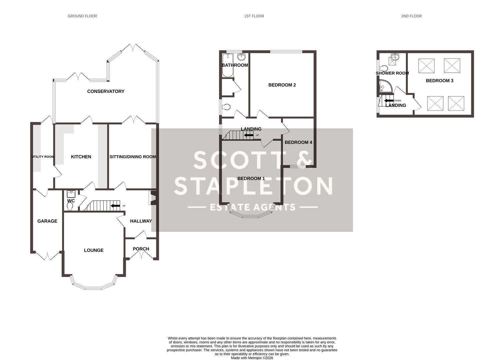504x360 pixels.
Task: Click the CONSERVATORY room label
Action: pyautogui.click(x=105, y=91)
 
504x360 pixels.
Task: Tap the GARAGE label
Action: pyautogui.click(x=47, y=221)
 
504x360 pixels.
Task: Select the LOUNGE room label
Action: pyautogui.click(x=93, y=250)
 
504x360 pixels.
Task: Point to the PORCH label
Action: pyautogui.click(x=141, y=249)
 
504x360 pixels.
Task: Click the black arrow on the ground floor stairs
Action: pyautogui.click(x=115, y=206)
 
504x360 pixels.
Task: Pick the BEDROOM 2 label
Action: pyautogui.click(x=282, y=85)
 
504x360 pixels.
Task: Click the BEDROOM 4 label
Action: pyautogui.click(x=298, y=142)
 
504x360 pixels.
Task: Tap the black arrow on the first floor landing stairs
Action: pyautogui.click(x=248, y=135)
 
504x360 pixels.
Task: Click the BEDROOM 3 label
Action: pyautogui.click(x=439, y=81)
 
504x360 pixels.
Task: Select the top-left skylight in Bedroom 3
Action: pyautogui.click(x=426, y=66)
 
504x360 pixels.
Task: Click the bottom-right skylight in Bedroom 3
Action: pyautogui.click(x=456, y=103)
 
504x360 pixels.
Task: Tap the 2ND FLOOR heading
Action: pyautogui.click(x=411, y=16)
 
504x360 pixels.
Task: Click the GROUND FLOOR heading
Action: pyautogui.click(x=82, y=16)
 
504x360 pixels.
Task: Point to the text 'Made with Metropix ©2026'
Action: pyautogui.click(x=252, y=358)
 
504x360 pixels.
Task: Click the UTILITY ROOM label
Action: pyautogui.click(x=43, y=157)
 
